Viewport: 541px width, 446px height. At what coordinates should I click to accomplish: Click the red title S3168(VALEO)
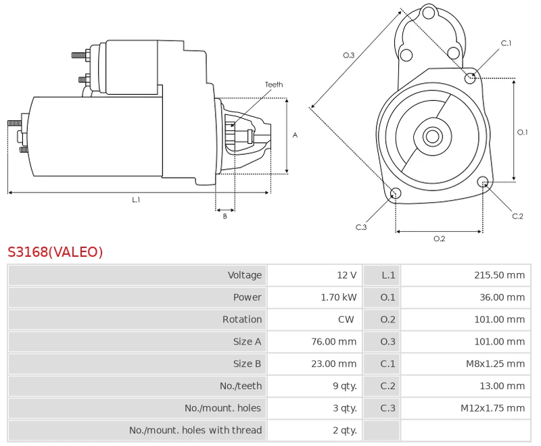point(55,252)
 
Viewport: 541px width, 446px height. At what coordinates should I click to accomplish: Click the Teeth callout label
point(274,84)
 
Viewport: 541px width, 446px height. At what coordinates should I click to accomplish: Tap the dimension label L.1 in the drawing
point(136,199)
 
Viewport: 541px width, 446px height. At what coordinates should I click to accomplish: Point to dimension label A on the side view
point(295,135)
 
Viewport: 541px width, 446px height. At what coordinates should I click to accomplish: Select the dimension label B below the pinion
point(225,216)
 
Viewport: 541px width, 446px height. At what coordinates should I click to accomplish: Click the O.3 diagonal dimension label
point(349,55)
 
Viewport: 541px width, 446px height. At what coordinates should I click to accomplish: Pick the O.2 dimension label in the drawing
point(439,239)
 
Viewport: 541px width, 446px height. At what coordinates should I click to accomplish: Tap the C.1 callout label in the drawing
point(506,43)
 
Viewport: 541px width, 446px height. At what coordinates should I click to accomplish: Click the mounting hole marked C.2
point(483,182)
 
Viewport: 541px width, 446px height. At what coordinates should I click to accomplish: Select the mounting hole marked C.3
point(396,195)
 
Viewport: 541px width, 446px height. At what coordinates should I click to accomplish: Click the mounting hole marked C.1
point(471,78)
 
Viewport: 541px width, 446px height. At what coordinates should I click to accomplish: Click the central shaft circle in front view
point(432,137)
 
